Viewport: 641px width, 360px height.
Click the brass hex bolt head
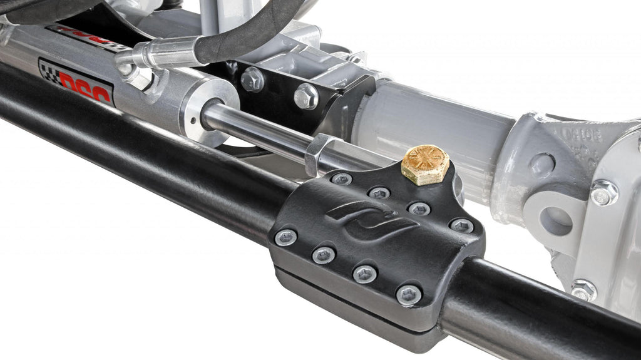tap(426, 165)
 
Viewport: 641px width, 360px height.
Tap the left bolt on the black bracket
tap(252, 80)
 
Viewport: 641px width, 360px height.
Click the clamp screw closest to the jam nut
tap(341, 179)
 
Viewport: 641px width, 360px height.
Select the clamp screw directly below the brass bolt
tap(419, 208)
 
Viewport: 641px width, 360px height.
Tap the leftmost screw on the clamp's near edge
tap(285, 237)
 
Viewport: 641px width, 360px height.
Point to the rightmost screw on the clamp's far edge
tap(462, 225)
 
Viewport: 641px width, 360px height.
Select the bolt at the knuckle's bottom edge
tap(583, 289)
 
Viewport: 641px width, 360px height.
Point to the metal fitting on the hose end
tap(156, 55)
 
